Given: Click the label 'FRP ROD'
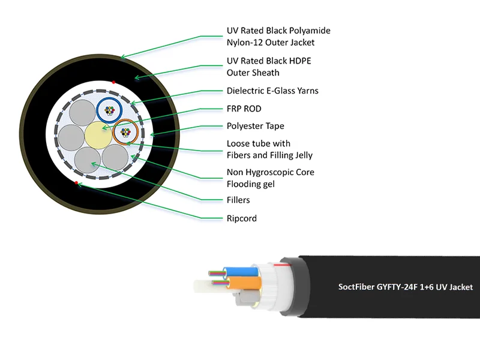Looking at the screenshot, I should pyautogui.click(x=244, y=109).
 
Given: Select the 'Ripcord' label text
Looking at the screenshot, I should pyautogui.click(x=241, y=218).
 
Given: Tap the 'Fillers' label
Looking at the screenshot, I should pyautogui.click(x=238, y=200).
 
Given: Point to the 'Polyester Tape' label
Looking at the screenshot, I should pyautogui.click(x=255, y=126).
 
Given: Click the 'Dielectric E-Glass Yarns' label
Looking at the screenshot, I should pyautogui.click(x=272, y=91).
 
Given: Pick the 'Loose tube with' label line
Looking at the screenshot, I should pyautogui.click(x=258, y=144).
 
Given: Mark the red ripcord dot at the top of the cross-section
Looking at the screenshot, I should pyautogui.click(x=113, y=81).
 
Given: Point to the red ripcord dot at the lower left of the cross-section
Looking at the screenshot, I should pyautogui.click(x=77, y=182).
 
